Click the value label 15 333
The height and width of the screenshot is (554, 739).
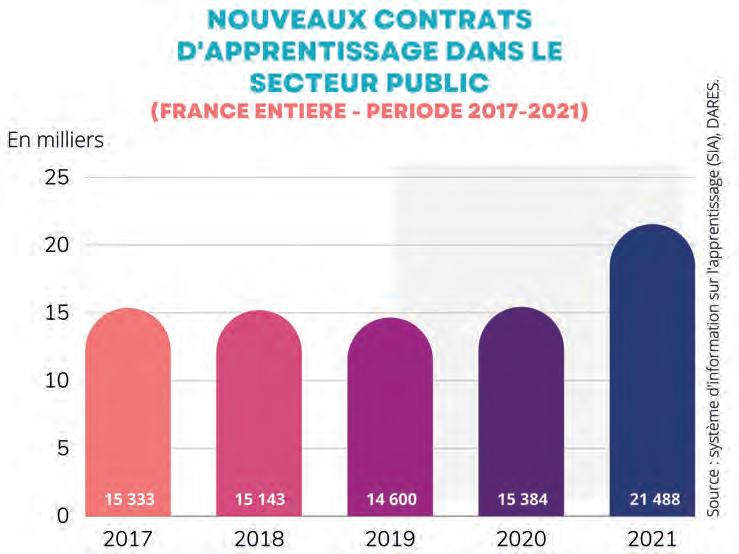(128, 498)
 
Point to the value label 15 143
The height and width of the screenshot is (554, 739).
(259, 498)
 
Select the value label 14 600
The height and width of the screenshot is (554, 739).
(390, 498)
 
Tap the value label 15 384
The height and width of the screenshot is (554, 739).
(521, 498)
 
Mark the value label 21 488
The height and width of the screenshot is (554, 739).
(651, 498)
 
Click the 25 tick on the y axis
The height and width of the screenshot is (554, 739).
(57, 178)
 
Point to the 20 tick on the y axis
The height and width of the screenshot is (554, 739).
(57, 246)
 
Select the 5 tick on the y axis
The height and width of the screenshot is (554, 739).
(63, 449)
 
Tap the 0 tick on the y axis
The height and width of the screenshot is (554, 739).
(63, 516)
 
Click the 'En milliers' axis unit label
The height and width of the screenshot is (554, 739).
(56, 141)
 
